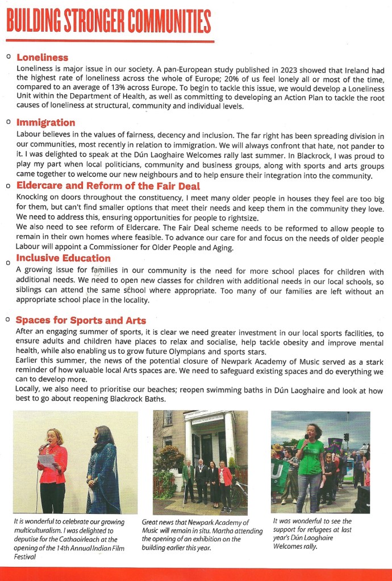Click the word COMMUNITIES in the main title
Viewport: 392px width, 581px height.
click(x=169, y=21)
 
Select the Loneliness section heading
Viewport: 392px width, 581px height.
click(x=42, y=57)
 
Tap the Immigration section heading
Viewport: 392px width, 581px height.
click(x=45, y=123)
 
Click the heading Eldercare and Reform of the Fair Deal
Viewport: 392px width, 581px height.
click(x=108, y=186)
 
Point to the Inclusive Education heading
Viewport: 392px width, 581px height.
click(x=63, y=258)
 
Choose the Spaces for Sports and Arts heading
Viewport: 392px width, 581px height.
click(x=81, y=320)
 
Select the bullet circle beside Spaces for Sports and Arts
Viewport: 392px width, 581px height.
click(x=9, y=320)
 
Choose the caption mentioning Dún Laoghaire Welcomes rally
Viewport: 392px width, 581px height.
click(x=312, y=534)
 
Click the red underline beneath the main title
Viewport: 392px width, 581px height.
click(x=110, y=41)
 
